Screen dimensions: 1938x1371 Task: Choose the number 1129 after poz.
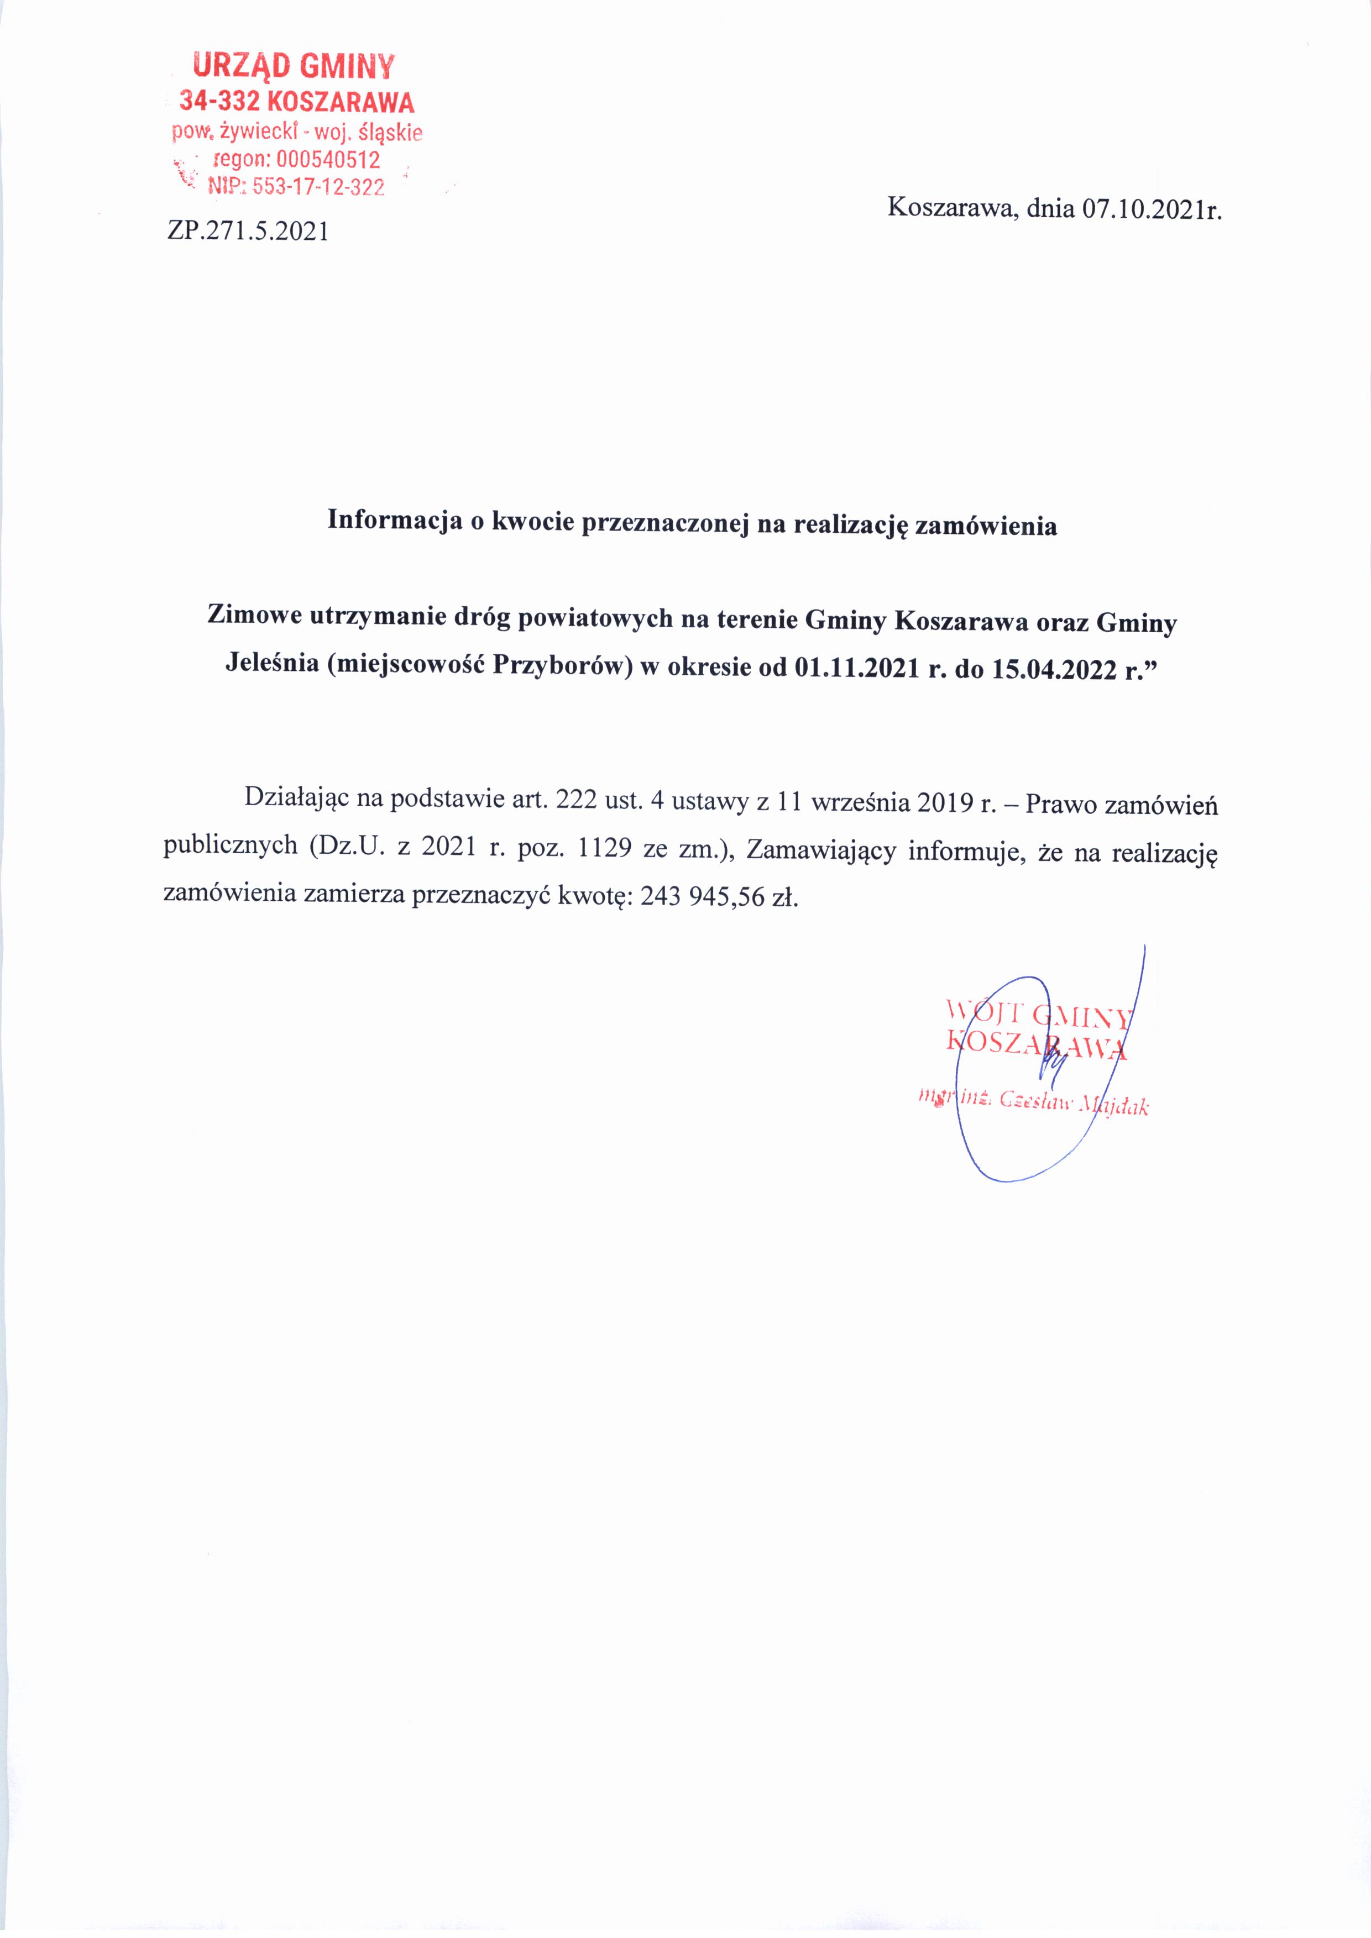point(603,848)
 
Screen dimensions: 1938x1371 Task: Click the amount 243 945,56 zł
point(719,896)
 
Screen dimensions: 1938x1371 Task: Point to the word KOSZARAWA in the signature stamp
point(1037,1044)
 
